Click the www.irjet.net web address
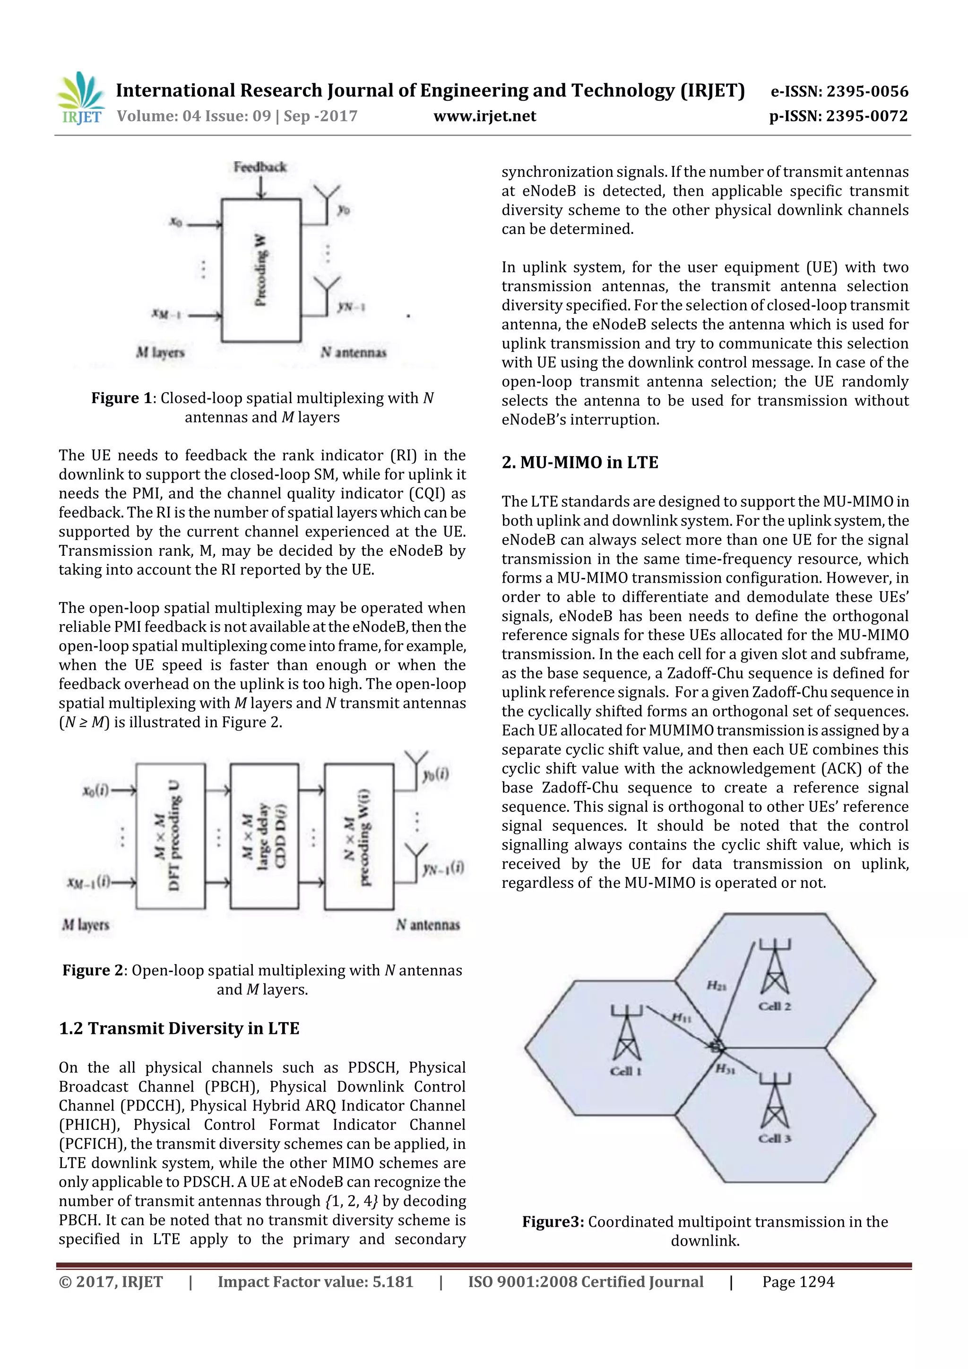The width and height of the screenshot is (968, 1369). [x=484, y=116]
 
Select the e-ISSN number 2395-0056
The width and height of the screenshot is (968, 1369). [x=839, y=91]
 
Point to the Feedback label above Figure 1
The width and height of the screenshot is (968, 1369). [x=260, y=167]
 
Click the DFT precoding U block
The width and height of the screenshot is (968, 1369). [x=171, y=835]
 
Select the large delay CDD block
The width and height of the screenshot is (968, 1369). [x=264, y=835]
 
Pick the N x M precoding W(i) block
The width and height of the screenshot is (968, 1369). [x=358, y=835]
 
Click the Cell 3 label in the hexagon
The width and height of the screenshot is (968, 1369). [x=774, y=1139]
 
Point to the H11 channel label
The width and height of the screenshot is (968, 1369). [x=682, y=1018]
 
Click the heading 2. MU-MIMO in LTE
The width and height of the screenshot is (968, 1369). [x=580, y=463]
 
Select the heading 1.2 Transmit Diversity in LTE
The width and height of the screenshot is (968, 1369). [x=179, y=1029]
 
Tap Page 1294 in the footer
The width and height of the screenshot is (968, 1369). [x=798, y=1282]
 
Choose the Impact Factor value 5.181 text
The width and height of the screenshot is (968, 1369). [x=315, y=1282]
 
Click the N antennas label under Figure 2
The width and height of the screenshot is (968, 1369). [x=428, y=925]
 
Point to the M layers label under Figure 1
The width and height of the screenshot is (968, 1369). [x=160, y=353]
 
